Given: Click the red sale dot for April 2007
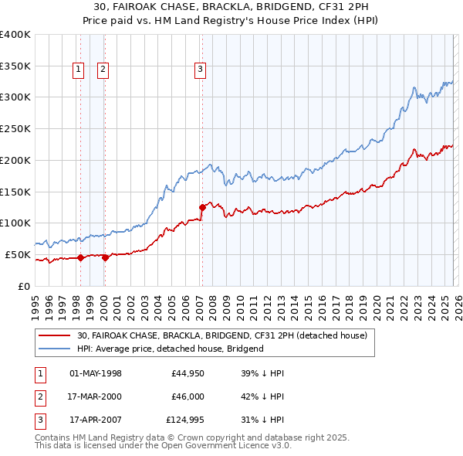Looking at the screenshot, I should [202, 206].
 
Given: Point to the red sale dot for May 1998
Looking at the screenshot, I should [80, 258].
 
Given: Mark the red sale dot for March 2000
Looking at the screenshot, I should [106, 257].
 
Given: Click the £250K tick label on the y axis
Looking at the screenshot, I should [15, 129].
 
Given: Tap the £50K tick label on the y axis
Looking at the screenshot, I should [18, 254].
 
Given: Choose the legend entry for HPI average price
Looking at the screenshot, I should [170, 349].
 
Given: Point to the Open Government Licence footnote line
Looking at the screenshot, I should [164, 446].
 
